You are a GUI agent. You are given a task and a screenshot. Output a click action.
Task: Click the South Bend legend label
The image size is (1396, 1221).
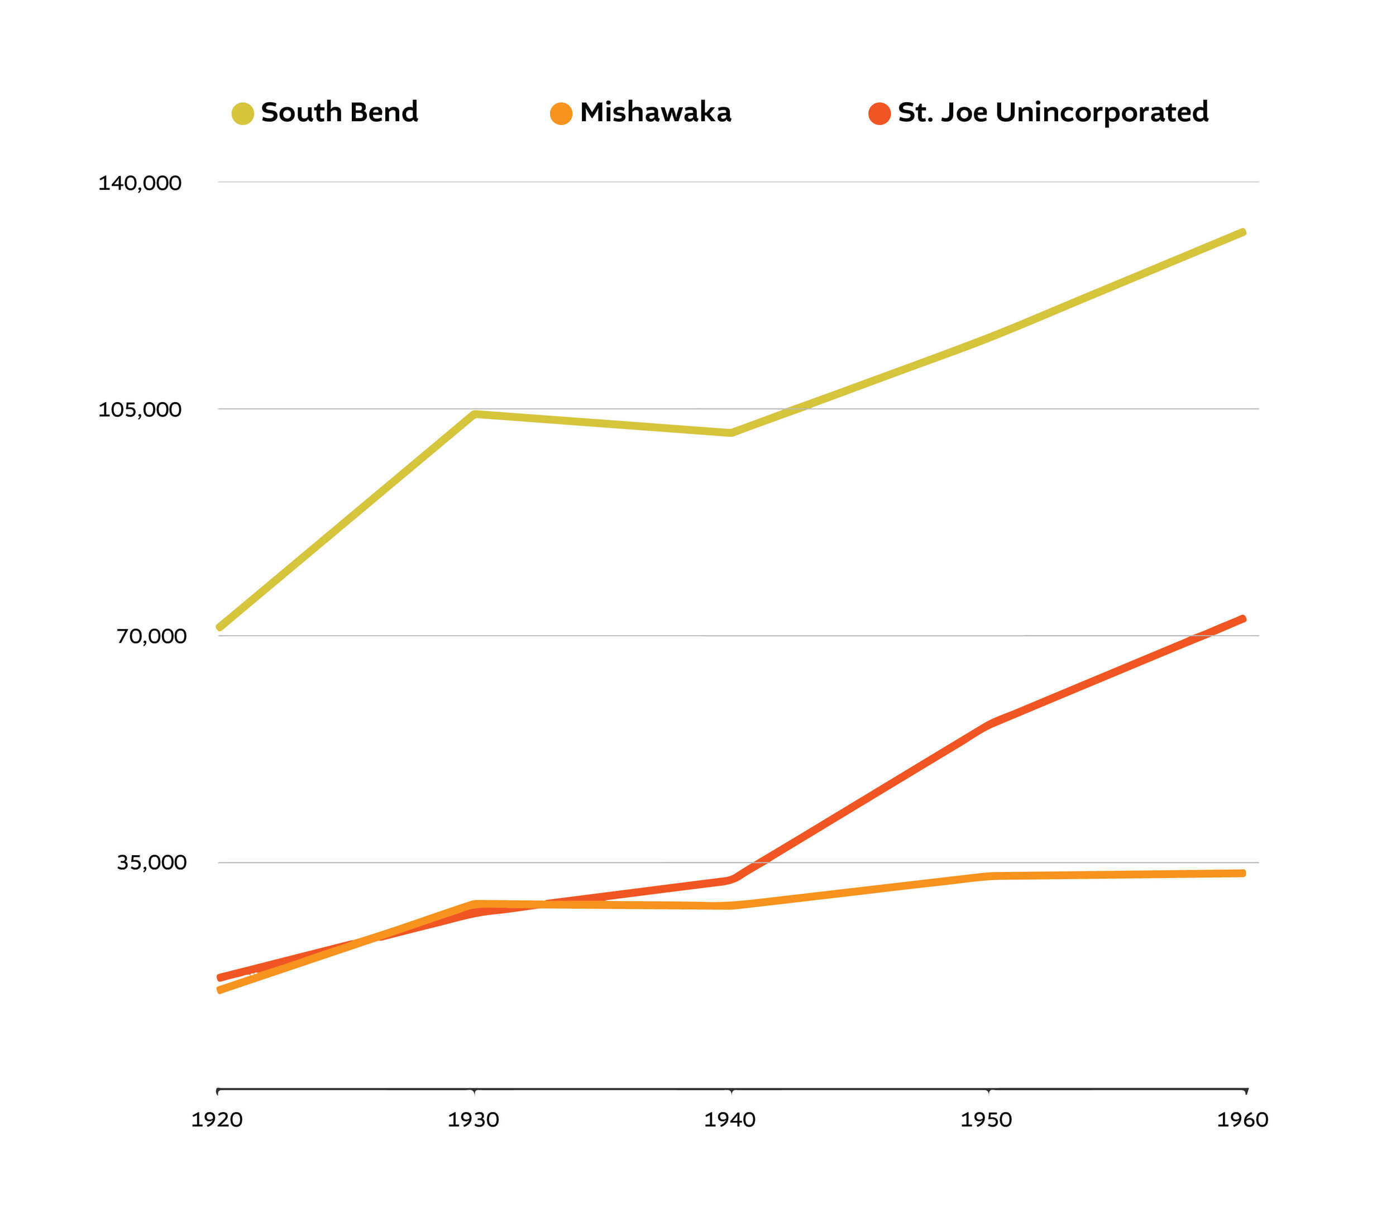340,112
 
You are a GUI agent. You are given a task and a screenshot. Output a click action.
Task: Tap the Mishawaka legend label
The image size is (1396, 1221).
656,112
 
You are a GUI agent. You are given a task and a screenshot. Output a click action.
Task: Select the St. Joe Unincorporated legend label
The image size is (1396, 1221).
1053,112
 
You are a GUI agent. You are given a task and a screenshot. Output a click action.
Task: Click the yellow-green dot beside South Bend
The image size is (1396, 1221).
242,113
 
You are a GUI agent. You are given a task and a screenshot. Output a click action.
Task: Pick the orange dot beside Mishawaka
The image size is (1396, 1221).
561,113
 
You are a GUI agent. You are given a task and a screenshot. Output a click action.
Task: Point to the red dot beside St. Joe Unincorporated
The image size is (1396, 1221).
879,113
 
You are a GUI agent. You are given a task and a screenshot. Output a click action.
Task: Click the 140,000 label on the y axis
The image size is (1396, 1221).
140,183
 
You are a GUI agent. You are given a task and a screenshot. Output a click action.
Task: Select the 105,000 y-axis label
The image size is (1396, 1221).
140,409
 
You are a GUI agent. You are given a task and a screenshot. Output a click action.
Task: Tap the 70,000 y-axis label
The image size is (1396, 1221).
151,636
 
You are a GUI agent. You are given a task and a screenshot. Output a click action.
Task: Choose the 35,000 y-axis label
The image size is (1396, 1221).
151,862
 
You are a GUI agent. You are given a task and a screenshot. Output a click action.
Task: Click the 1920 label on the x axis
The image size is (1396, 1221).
217,1119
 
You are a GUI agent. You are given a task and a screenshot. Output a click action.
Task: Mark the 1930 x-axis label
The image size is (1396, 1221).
473,1119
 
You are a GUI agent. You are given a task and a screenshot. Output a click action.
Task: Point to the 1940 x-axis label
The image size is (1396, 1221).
730,1119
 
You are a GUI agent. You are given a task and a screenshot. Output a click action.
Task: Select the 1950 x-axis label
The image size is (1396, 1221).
986,1119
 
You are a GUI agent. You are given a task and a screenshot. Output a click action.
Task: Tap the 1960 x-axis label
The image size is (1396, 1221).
1242,1119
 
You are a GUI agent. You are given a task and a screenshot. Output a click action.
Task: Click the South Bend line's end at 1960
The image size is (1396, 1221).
1242,233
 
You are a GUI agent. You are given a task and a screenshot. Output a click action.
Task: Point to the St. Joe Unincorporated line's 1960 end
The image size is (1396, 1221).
1242,619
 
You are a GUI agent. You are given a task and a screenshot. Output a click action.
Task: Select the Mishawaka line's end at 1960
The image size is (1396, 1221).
1242,873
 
